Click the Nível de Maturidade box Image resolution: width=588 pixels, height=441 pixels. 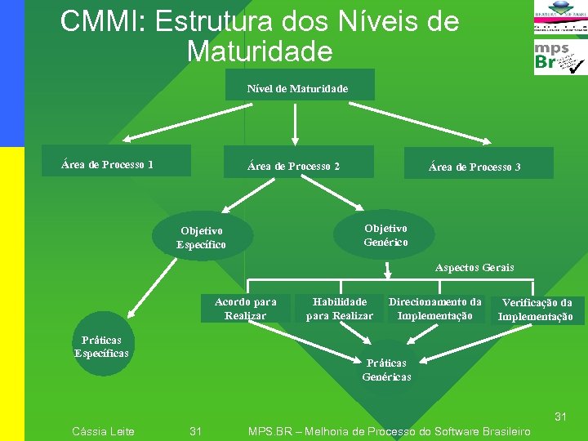pos(297,87)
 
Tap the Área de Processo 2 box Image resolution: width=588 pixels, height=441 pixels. pos(294,164)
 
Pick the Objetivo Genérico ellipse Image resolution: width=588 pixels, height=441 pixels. pos(385,235)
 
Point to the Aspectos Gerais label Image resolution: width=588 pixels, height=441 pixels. pos(474,268)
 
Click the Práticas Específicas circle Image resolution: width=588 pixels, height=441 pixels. pos(101,347)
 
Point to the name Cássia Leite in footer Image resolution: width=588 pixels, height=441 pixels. pos(103,431)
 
